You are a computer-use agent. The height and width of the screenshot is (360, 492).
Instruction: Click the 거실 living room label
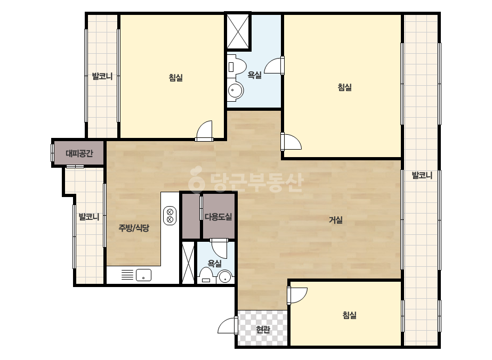click(335, 220)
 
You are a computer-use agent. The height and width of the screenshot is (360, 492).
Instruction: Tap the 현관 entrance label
click(263, 330)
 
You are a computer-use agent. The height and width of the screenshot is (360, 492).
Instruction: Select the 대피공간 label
click(79, 153)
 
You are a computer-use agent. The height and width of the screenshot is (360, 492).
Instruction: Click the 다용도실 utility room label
click(218, 216)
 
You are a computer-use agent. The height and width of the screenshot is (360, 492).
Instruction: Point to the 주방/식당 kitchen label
click(134, 228)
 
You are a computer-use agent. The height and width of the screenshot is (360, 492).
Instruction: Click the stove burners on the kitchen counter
click(170, 216)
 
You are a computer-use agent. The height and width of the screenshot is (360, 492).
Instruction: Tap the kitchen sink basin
click(143, 275)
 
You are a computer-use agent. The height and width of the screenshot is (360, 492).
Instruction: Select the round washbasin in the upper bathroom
click(235, 91)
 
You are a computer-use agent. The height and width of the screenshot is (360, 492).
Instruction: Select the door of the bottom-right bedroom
click(297, 295)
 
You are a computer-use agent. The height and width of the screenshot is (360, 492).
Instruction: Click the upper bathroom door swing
click(275, 66)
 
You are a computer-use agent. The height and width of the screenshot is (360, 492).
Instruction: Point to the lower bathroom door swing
click(219, 248)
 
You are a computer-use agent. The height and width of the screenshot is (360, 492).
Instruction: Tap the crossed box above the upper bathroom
click(238, 31)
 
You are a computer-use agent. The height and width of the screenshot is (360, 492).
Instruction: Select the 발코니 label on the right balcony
click(422, 175)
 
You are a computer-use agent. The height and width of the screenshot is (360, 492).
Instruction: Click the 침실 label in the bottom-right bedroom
click(350, 315)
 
